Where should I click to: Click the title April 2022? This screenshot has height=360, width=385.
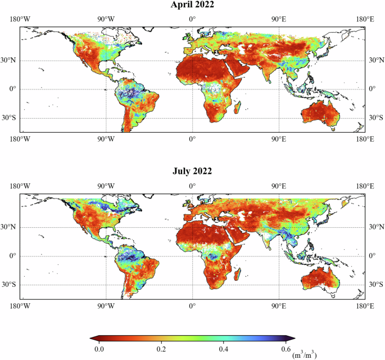click(192, 6)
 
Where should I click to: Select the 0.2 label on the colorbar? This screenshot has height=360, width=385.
click(161, 349)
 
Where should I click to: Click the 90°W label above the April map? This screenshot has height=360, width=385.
click(106, 20)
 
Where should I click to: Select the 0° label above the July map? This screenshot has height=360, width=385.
click(192, 186)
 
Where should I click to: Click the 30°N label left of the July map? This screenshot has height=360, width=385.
click(12, 227)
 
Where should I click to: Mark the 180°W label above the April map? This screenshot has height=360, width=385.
click(20, 20)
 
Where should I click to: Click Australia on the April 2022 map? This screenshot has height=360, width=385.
click(321, 115)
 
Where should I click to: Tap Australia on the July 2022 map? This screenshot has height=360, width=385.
click(321, 281)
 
